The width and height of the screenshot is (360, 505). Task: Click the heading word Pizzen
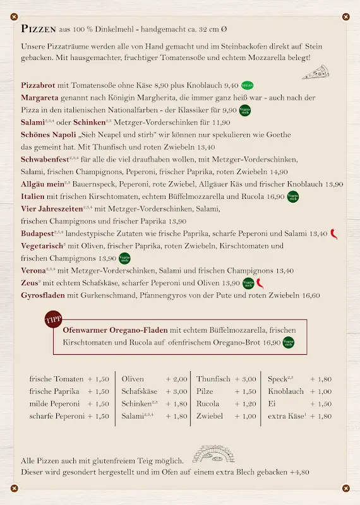tap(38, 28)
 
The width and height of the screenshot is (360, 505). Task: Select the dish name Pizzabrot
tap(39, 85)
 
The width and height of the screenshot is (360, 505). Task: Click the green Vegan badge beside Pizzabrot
tap(248, 85)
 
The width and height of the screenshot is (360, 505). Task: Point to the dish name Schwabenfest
tap(44, 159)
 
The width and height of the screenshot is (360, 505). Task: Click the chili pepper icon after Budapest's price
tap(334, 233)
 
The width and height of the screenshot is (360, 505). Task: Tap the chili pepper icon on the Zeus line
tap(259, 283)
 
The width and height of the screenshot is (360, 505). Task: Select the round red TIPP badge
tap(54, 320)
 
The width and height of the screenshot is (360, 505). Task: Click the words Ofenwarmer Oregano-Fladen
tap(115, 330)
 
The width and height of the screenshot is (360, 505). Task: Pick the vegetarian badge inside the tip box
tap(289, 343)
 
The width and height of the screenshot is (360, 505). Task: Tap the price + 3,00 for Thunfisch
tap(245, 379)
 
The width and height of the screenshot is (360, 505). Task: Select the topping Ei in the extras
tap(272, 404)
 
